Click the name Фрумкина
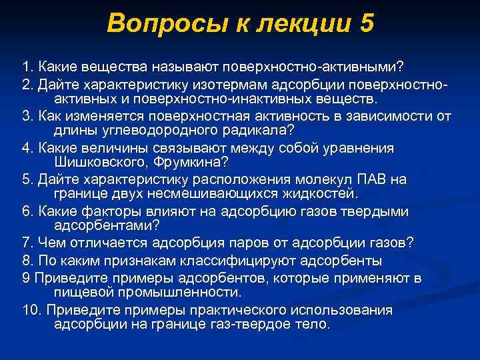pyautogui.click(x=193, y=163)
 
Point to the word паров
pyautogui.click(x=233, y=243)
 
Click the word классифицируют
pyautogui.click(x=244, y=259)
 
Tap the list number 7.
pyautogui.click(x=26, y=243)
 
